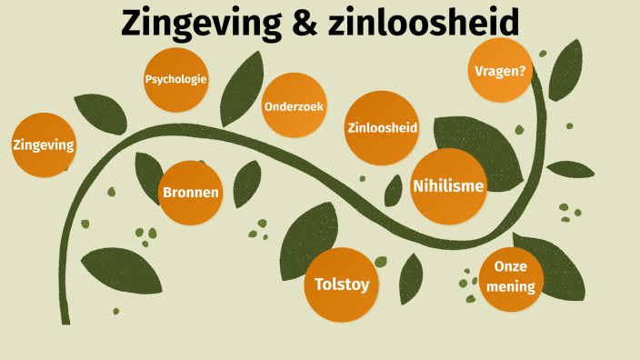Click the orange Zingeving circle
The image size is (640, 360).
point(44,145)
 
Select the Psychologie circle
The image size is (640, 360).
point(176,79)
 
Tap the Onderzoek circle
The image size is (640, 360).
point(294,105)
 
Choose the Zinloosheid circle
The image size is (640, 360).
point(382,127)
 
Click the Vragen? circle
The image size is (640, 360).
point(500,69)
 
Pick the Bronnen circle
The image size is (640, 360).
point(190,193)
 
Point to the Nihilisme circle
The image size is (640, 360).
point(448,186)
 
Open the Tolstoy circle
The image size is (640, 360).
point(341,285)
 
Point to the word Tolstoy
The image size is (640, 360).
point(341,285)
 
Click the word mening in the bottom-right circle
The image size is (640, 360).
point(511,287)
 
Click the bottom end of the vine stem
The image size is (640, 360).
point(65,318)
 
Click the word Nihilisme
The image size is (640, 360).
point(448,186)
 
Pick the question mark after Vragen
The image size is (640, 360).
point(524,69)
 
